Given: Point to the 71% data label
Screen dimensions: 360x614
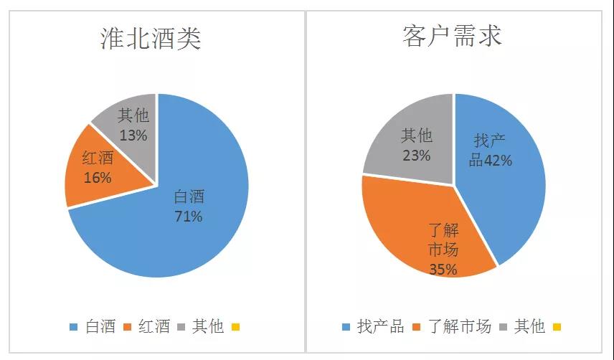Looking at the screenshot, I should tap(188, 216).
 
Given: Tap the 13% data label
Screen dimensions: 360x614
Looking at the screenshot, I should tap(133, 134).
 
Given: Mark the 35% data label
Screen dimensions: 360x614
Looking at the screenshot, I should tap(443, 270).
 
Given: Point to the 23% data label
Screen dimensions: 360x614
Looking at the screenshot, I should tap(416, 154).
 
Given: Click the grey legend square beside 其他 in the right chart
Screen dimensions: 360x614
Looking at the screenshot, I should tap(504, 328).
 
